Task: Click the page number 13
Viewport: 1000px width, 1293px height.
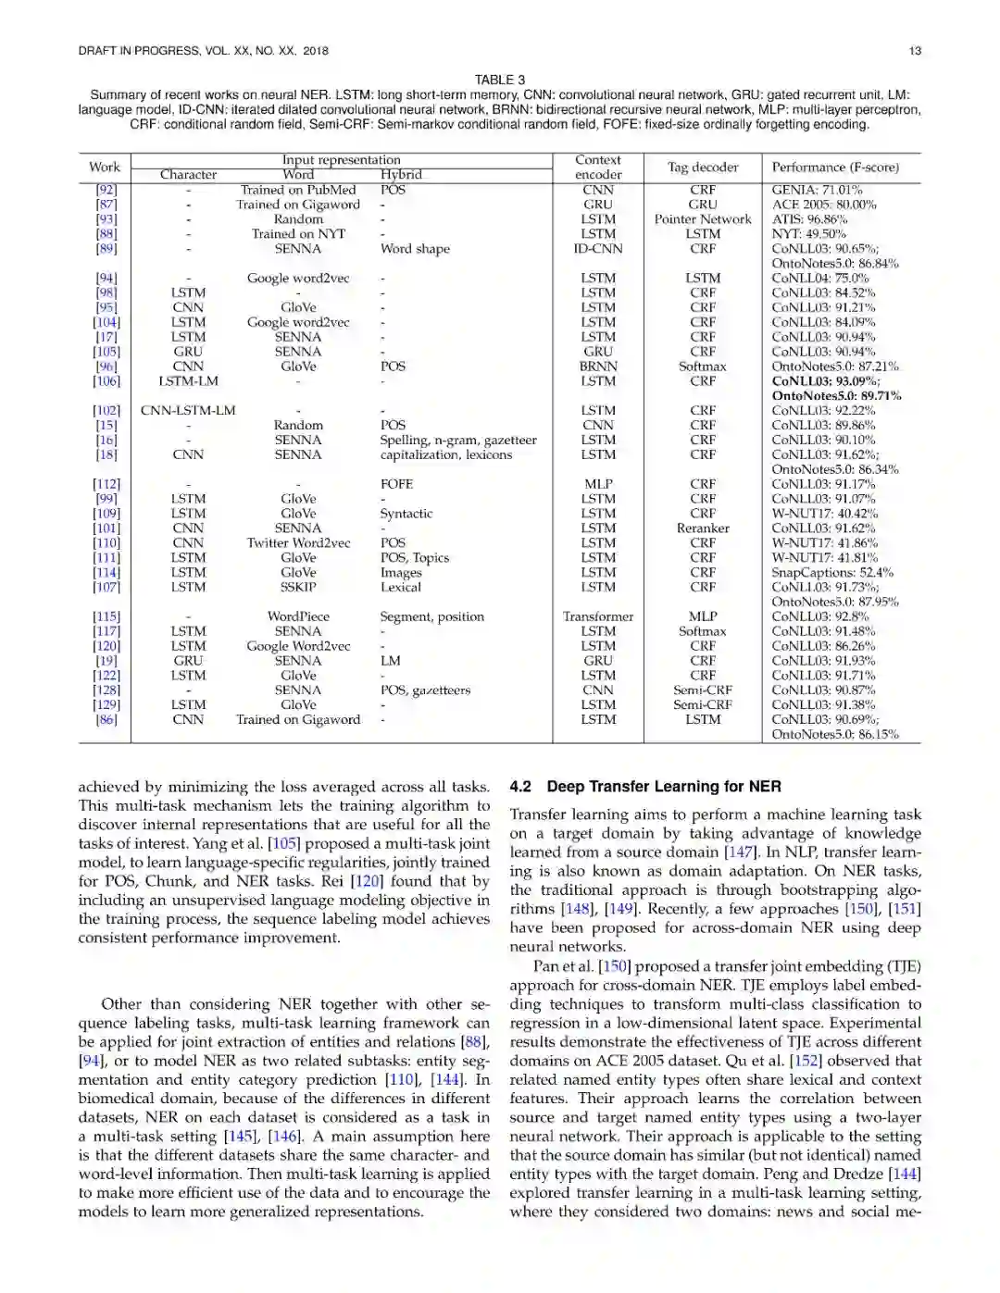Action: click(x=915, y=51)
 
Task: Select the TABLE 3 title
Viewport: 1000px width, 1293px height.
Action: click(x=499, y=80)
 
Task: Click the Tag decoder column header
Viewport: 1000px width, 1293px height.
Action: click(x=703, y=168)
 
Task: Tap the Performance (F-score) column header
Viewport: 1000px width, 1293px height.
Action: click(x=835, y=168)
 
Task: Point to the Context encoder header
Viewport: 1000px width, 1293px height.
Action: click(x=598, y=168)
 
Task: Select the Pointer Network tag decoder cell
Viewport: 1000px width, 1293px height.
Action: click(x=703, y=219)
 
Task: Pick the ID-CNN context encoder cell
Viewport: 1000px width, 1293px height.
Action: click(x=598, y=249)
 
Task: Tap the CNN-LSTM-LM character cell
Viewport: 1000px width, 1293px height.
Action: click(x=188, y=411)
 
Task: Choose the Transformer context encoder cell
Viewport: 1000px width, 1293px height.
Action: click(x=598, y=616)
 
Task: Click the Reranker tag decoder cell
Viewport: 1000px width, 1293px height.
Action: click(x=703, y=528)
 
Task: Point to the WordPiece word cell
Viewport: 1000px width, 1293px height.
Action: click(x=298, y=616)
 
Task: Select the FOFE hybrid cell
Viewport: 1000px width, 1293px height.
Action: click(x=396, y=484)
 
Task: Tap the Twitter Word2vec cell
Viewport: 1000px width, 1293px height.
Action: click(x=298, y=543)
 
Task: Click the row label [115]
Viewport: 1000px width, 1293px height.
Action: click(x=106, y=616)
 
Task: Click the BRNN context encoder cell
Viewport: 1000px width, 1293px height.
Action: click(x=598, y=367)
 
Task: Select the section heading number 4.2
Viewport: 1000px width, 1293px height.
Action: click(x=520, y=787)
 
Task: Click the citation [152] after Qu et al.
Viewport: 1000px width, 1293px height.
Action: click(x=840, y=1061)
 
